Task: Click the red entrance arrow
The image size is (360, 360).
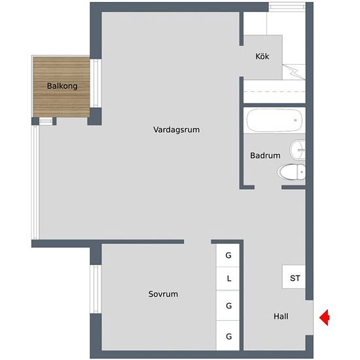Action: [324, 317]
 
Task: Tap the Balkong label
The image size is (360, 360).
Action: [62, 86]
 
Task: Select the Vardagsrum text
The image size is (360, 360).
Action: [176, 130]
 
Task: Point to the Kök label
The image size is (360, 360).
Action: [262, 56]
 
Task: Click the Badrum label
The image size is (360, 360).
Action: [265, 155]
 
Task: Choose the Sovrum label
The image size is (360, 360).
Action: [163, 294]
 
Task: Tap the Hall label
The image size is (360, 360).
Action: [281, 316]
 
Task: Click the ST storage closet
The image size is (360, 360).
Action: [294, 277]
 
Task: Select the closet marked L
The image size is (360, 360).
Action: [228, 278]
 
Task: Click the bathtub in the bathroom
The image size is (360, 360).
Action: [274, 120]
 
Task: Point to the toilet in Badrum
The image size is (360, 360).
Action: [291, 171]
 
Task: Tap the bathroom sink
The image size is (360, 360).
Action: [298, 150]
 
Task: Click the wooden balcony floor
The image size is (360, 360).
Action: [62, 87]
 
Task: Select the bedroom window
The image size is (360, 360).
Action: [96, 289]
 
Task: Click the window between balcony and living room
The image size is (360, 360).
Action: [96, 83]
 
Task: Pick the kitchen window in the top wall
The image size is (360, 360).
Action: [287, 6]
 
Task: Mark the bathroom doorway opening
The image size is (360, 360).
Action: [268, 187]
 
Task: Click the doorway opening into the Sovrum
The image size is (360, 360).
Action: [198, 242]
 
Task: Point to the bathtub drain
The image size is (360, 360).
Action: [295, 120]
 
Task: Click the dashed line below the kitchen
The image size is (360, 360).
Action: [274, 92]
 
